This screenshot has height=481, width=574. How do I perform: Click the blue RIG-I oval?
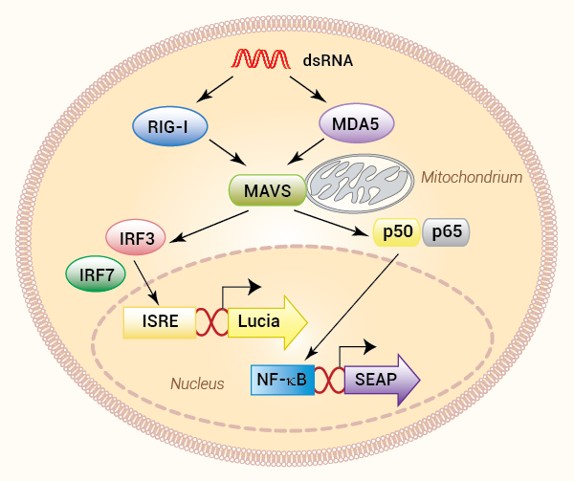tap(170, 126)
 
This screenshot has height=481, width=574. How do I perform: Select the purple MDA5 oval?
tap(357, 123)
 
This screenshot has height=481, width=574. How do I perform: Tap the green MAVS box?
tap(268, 190)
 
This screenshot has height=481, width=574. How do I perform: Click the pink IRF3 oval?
tap(136, 237)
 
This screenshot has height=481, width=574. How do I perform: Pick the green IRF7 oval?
tap(96, 273)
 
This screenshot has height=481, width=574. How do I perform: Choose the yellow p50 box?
tap(396, 232)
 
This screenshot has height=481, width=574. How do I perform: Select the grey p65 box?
tap(446, 232)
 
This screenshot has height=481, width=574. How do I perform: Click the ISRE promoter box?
tap(160, 322)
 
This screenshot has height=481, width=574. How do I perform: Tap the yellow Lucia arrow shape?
tap(267, 322)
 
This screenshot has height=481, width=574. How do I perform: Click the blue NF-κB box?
tap(282, 380)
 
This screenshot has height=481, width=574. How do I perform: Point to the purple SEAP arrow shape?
tap(382, 380)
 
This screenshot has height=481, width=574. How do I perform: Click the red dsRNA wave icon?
tap(261, 59)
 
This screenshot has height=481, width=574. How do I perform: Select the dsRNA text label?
tap(327, 60)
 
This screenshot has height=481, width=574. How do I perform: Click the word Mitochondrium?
tap(472, 178)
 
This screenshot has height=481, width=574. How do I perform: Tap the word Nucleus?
tap(197, 383)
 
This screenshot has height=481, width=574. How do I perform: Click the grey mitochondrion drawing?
tap(360, 184)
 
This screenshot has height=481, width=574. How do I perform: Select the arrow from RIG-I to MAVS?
tap(228, 152)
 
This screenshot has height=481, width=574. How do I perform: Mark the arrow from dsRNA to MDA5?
tap(308, 89)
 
